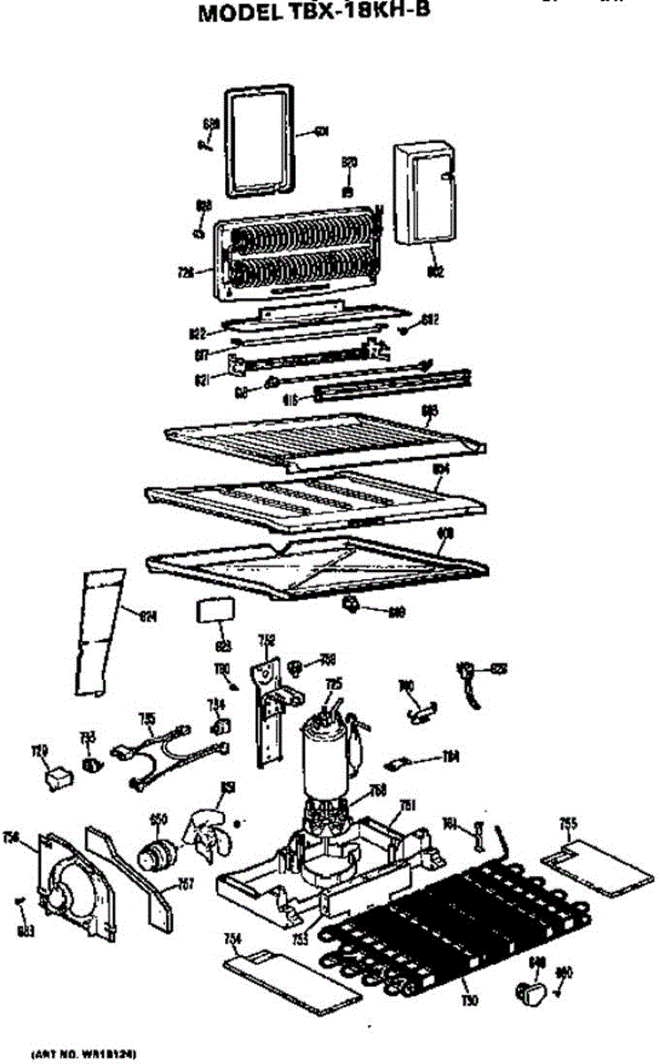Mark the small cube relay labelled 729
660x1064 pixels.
58,778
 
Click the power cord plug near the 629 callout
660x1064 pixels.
467,675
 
